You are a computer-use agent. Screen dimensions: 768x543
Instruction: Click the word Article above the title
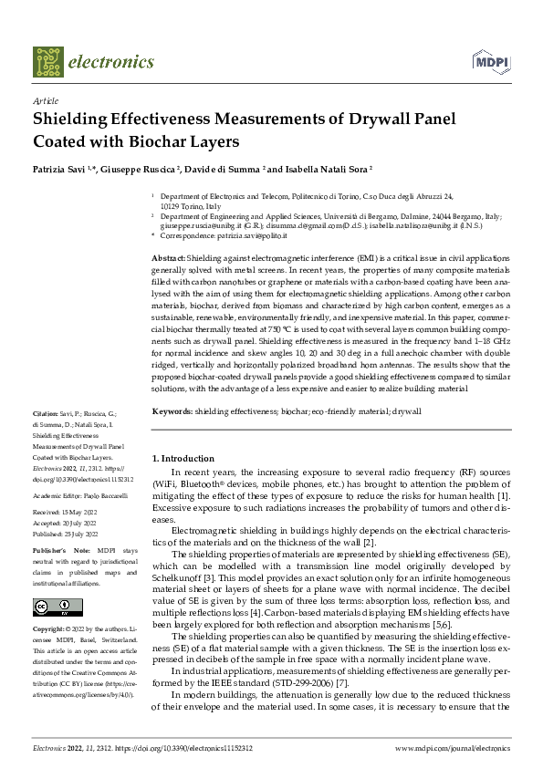pos(46,101)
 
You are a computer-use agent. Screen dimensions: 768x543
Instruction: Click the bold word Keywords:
pos(172,412)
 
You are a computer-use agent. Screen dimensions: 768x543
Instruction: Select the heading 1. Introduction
pos(183,458)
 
